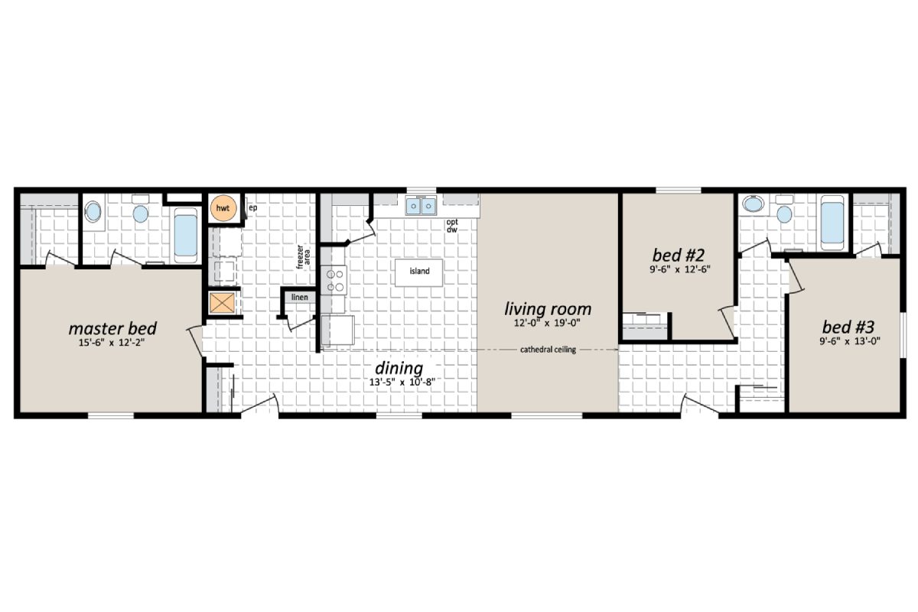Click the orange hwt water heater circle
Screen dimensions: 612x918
coord(223,208)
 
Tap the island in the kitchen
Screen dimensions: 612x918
coord(419,272)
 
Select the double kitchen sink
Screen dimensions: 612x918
coord(420,206)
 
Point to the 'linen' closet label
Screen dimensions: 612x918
coord(299,297)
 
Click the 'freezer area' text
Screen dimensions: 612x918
coord(303,257)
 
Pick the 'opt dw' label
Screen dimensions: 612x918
coord(452,226)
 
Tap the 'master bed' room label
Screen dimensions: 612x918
coord(112,328)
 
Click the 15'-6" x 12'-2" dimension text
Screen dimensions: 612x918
coord(112,343)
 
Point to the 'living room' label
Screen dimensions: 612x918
coord(548,309)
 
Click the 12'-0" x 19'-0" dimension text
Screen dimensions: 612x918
coord(548,324)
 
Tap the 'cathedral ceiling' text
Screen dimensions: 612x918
coord(548,350)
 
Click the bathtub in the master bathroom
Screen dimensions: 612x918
coord(185,234)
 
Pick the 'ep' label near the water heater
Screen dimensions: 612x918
coord(252,207)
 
